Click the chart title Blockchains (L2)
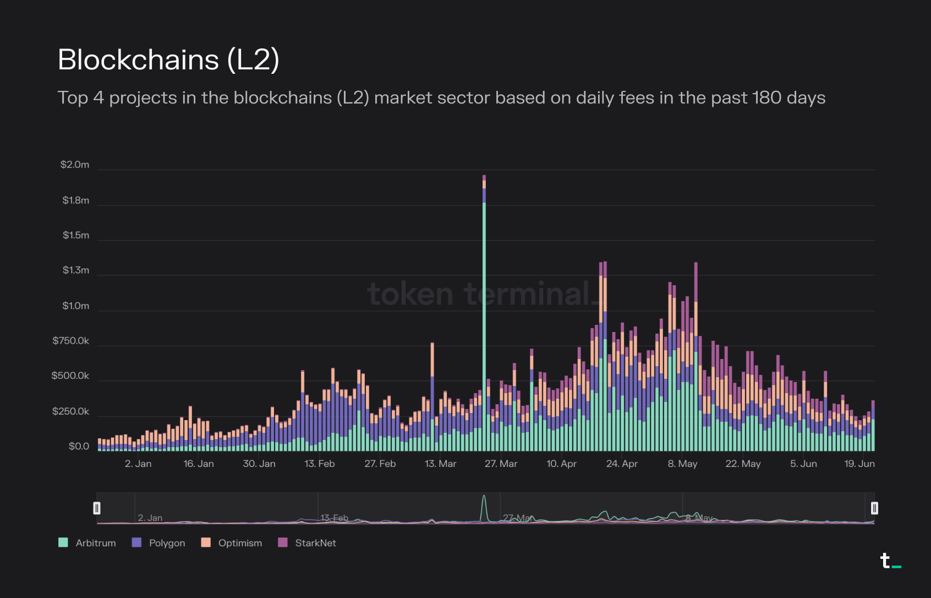pyautogui.click(x=168, y=59)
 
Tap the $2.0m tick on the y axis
pyautogui.click(x=75, y=165)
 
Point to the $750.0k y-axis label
pyautogui.click(x=70, y=341)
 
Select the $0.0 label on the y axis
pyautogui.click(x=79, y=446)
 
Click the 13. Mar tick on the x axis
pyautogui.click(x=440, y=464)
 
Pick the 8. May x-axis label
pyautogui.click(x=682, y=464)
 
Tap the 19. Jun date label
pyautogui.click(x=859, y=464)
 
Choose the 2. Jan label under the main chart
pyautogui.click(x=138, y=464)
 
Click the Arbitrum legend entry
pyautogui.click(x=95, y=543)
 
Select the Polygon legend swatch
pyautogui.click(x=137, y=542)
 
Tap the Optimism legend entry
pyautogui.click(x=240, y=543)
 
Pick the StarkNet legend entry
pyautogui.click(x=315, y=543)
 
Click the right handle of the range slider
pyautogui.click(x=874, y=508)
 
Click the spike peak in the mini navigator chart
pyautogui.click(x=484, y=496)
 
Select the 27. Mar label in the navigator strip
pyautogui.click(x=516, y=518)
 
